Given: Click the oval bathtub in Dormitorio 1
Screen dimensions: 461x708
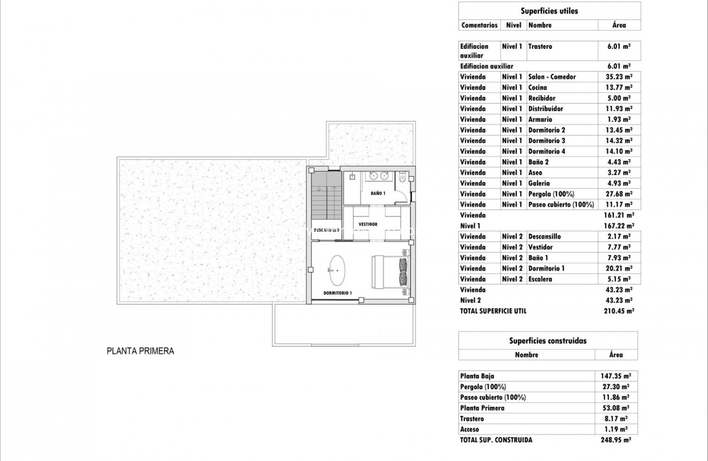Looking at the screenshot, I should click(x=337, y=270).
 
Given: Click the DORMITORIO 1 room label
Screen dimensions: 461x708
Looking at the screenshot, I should click(x=337, y=293).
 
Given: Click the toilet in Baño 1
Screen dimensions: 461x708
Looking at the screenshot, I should click(x=402, y=177).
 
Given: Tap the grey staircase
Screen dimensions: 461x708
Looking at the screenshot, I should click(x=327, y=195).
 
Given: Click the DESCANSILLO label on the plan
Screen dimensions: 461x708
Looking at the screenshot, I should click(x=326, y=230).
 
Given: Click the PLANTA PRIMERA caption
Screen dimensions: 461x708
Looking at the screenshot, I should click(x=141, y=352).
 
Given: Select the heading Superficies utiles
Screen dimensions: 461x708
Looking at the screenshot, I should click(x=549, y=11).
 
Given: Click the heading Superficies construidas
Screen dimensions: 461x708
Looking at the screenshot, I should click(x=548, y=341).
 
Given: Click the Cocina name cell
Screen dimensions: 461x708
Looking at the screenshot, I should click(x=538, y=87).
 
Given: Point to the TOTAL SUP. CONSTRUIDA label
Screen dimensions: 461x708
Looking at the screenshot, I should click(x=496, y=440).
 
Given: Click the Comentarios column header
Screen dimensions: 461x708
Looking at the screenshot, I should click(x=480, y=25).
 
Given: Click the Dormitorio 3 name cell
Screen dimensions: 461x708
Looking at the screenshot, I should click(x=547, y=141).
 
